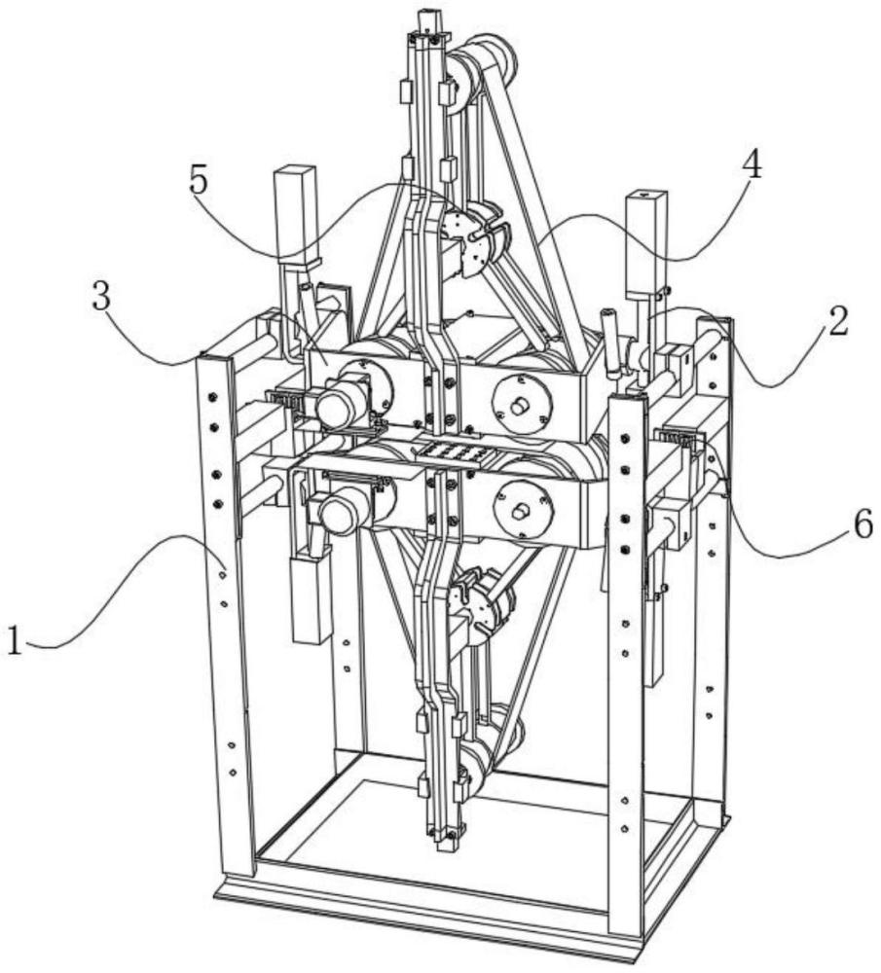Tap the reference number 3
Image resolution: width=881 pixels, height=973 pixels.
click(x=101, y=299)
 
